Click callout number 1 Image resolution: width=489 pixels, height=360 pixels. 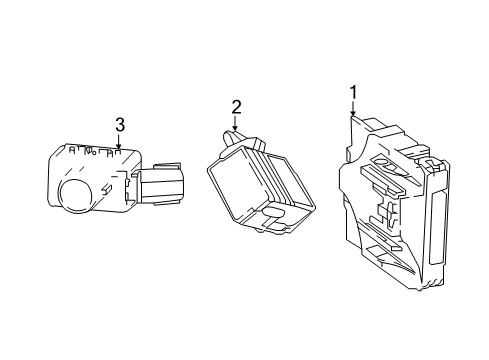tap(353, 93)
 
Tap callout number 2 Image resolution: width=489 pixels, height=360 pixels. tap(236, 107)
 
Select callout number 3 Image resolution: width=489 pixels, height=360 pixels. tap(120, 125)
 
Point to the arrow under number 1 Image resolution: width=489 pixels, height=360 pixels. tap(353, 109)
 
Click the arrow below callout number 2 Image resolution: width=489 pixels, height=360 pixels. tap(236, 123)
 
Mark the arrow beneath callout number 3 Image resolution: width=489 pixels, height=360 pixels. tap(118, 140)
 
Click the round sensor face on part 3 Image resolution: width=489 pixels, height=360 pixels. tap(75, 196)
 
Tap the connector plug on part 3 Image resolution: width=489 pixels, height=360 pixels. tap(160, 183)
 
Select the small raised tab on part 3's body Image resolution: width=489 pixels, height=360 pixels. tap(106, 188)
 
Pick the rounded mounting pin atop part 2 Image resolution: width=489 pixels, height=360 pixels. tap(230, 139)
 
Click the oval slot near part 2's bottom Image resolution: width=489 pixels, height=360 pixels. tap(274, 212)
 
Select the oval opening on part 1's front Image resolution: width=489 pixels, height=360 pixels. tap(387, 164)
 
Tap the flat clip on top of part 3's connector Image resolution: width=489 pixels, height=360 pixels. tap(167, 166)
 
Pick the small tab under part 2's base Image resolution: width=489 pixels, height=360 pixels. tap(259, 230)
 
